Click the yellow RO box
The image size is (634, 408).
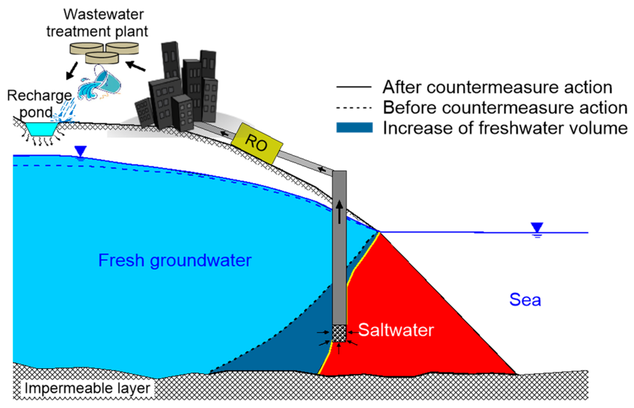pyautogui.click(x=257, y=143)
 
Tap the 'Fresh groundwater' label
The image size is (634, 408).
pyautogui.click(x=175, y=260)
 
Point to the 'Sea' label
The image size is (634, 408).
pyautogui.click(x=525, y=300)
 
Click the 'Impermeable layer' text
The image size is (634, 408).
pyautogui.click(x=87, y=388)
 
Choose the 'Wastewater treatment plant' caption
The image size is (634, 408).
pyautogui.click(x=98, y=23)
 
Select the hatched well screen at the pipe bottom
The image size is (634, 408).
pyautogui.click(x=339, y=333)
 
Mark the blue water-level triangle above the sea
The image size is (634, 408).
pyautogui.click(x=537, y=227)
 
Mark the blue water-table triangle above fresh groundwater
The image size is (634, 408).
pyautogui.click(x=81, y=151)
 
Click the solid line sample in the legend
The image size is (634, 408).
pyautogui.click(x=354, y=87)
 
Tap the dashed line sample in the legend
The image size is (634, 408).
pyautogui.click(x=354, y=108)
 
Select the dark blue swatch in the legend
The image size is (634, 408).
pyautogui.click(x=354, y=128)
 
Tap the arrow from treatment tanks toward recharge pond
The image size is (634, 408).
pyautogui.click(x=72, y=70)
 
